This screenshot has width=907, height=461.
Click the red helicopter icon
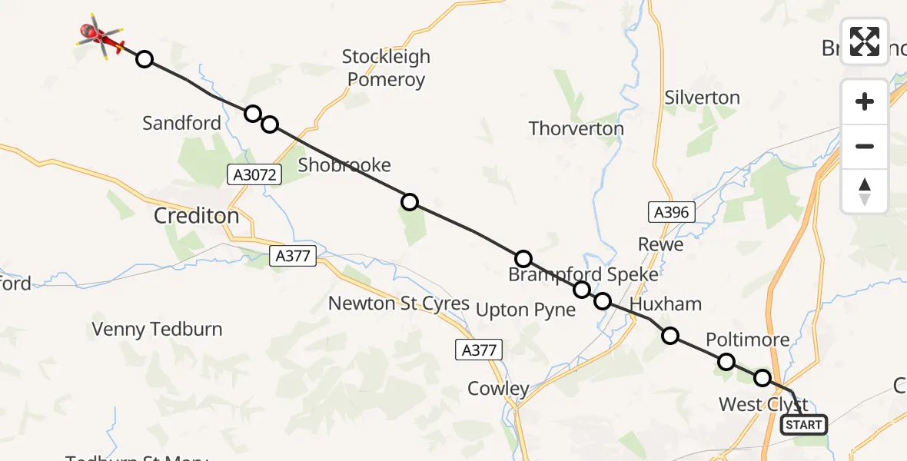click(x=101, y=35)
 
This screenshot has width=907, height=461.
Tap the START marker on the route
click(x=804, y=424)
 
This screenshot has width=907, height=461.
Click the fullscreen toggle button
click(x=865, y=41)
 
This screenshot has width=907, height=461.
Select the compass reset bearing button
click(x=865, y=191)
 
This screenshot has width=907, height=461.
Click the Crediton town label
click(x=196, y=216)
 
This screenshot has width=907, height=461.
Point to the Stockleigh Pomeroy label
click(x=386, y=68)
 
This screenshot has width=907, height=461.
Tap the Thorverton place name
click(x=576, y=128)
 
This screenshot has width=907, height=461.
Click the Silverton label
click(x=702, y=98)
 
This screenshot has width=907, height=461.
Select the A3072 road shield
click(x=255, y=175)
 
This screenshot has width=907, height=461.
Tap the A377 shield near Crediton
click(x=294, y=256)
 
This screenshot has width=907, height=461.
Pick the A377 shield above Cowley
click(x=480, y=350)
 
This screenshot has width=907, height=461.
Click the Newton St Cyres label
click(x=398, y=303)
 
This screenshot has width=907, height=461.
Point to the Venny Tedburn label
click(x=157, y=330)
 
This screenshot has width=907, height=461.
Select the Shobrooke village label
click(x=344, y=164)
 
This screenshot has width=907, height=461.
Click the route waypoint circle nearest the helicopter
click(x=144, y=59)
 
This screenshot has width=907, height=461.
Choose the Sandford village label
click(x=181, y=123)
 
